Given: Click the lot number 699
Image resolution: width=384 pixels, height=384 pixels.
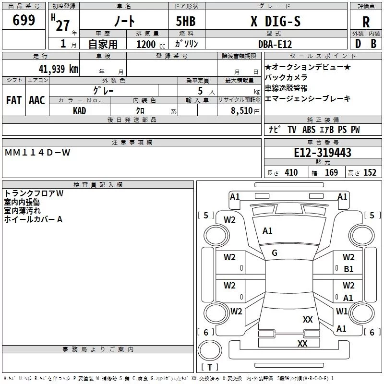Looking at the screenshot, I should [24, 21].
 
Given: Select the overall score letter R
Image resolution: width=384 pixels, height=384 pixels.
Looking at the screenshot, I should [366, 22].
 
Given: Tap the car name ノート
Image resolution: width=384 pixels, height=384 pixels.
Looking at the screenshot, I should [123, 21].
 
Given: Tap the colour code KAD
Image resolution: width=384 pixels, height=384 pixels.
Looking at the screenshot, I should [80, 111].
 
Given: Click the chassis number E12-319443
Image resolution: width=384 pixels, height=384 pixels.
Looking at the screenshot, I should [322, 153].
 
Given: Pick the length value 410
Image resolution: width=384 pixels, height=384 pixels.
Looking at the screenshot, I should [291, 173].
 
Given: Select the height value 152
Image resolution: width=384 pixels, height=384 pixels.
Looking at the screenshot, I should [370, 173].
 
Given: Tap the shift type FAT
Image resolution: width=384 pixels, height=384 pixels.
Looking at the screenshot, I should [14, 100].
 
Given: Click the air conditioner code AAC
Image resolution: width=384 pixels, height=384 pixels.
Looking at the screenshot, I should [37, 100].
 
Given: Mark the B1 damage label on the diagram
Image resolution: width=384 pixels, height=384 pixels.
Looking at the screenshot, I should [348, 269].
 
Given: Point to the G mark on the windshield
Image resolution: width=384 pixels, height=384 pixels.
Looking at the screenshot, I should [275, 253].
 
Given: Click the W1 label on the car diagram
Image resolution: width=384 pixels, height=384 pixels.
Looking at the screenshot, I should [342, 312].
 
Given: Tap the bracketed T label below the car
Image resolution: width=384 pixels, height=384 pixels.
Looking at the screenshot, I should [210, 368].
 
